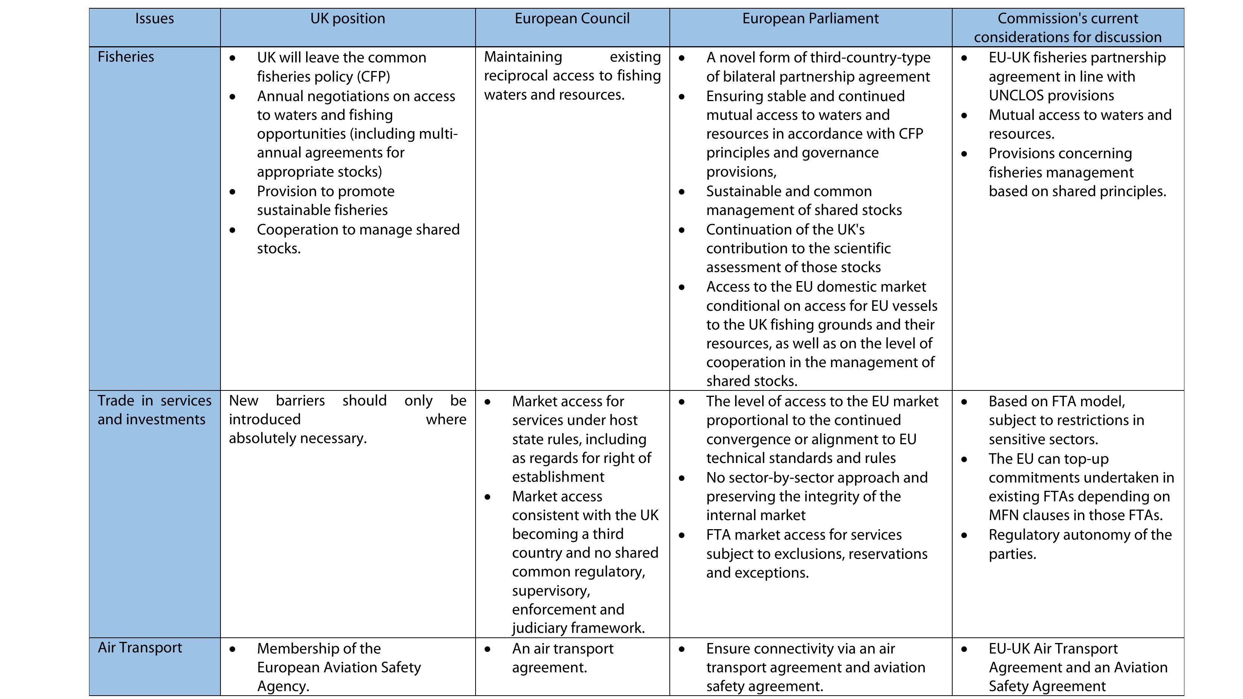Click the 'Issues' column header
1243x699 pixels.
point(154,19)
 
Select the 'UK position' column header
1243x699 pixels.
point(347,19)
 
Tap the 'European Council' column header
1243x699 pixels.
point(572,19)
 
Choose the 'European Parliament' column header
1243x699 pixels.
point(810,19)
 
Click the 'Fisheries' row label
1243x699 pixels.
point(126,57)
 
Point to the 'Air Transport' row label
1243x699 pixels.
point(140,648)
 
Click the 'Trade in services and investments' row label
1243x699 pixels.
point(154,410)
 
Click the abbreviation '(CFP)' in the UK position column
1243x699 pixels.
point(373,77)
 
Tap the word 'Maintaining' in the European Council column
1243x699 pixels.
point(523,57)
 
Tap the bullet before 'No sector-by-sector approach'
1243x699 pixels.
point(682,478)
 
